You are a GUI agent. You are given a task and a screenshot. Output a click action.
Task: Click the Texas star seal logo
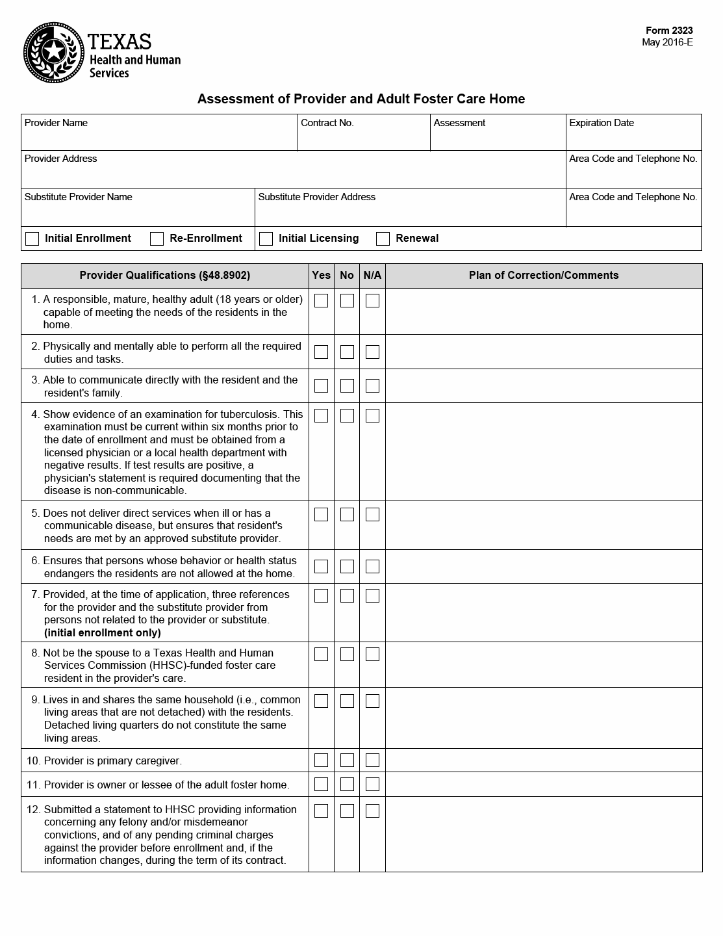click(x=54, y=53)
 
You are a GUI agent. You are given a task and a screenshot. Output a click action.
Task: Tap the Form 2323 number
click(x=668, y=31)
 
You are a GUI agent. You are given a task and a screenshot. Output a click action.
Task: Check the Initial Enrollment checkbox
click(x=32, y=239)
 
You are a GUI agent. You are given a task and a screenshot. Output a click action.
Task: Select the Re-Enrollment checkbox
click(x=157, y=239)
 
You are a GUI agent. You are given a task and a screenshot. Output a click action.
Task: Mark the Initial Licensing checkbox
click(x=266, y=239)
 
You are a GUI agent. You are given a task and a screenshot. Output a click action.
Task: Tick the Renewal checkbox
click(x=383, y=239)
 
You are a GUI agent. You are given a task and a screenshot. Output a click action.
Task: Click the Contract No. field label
click(x=327, y=123)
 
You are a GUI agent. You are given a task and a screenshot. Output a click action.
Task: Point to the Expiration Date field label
click(x=601, y=123)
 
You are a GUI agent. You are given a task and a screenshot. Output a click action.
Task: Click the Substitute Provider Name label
click(x=78, y=197)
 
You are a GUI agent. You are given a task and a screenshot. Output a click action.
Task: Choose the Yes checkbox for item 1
click(x=321, y=300)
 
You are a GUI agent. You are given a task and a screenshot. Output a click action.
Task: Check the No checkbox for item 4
click(x=347, y=415)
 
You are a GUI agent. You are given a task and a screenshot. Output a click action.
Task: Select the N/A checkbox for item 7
click(x=372, y=595)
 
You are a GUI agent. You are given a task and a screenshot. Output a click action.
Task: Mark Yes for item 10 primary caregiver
click(x=321, y=760)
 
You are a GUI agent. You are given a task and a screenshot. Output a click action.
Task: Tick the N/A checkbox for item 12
click(x=372, y=811)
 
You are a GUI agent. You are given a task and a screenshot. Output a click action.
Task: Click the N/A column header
click(x=372, y=276)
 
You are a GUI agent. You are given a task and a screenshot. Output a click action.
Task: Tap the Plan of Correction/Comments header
click(x=543, y=276)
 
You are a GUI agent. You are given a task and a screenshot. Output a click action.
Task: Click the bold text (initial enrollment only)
click(x=102, y=632)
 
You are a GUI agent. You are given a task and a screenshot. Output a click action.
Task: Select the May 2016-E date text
click(x=667, y=43)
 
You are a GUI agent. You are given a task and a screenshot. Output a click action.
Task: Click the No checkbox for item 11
click(x=347, y=784)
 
